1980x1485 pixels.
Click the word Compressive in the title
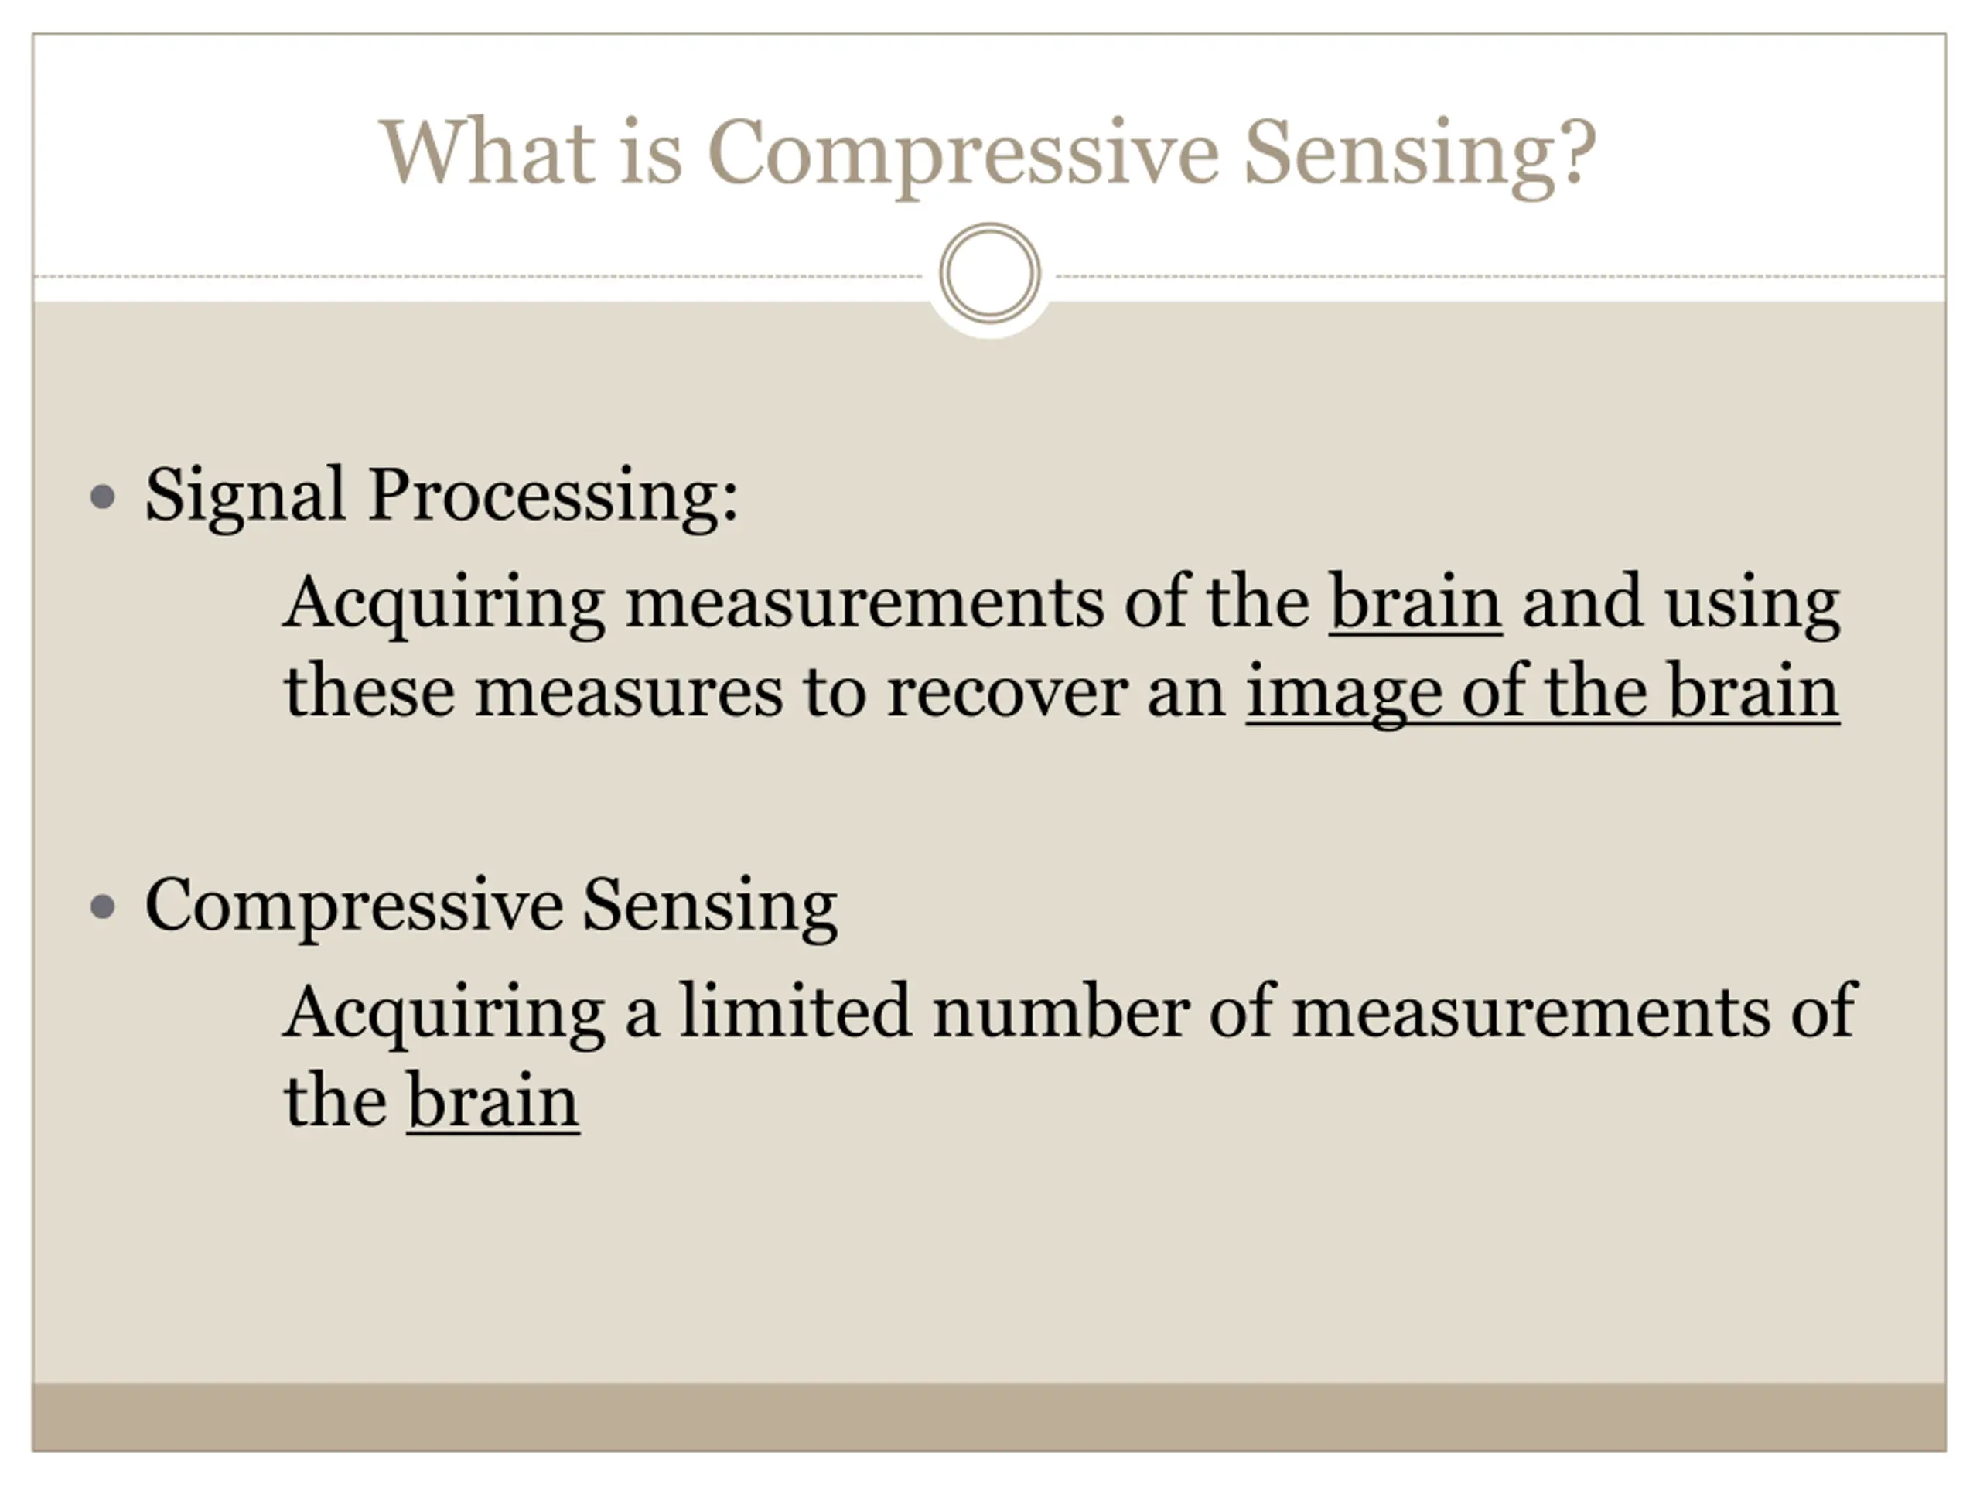[962, 154]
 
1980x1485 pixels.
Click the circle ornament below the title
[990, 273]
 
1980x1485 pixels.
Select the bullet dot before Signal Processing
[104, 497]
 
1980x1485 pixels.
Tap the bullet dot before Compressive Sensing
[104, 906]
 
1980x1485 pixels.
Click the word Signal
[245, 495]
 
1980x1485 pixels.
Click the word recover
[1007, 693]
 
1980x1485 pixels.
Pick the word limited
[795, 1011]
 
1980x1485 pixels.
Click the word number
[1060, 1011]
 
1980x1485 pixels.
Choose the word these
[369, 693]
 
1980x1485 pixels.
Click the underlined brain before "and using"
[1415, 602]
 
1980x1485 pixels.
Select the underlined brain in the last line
[493, 1101]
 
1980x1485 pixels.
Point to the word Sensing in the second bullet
[710, 905]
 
